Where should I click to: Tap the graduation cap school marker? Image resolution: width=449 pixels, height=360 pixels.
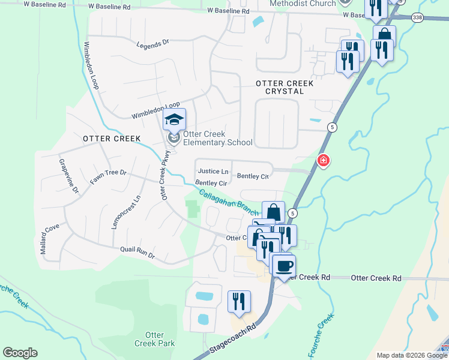point(174,120)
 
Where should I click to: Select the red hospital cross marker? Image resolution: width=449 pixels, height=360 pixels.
point(323,161)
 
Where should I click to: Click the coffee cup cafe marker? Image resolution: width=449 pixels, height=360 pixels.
point(283,265)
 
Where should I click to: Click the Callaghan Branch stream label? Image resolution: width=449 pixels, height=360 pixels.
point(229,201)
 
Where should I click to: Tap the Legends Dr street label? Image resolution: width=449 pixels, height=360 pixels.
point(154,44)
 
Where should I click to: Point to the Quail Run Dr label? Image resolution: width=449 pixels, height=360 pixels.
point(137,252)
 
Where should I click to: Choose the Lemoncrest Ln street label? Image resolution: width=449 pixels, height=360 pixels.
point(125,211)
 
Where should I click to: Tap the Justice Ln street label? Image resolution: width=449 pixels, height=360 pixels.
point(213,171)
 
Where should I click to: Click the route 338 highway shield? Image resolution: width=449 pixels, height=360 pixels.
point(418,18)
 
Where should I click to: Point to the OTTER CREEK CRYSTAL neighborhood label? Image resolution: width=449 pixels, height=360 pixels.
point(284,88)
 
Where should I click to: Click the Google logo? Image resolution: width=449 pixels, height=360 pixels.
point(20,353)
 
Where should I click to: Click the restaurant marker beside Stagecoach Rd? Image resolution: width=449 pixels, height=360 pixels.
point(239,302)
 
